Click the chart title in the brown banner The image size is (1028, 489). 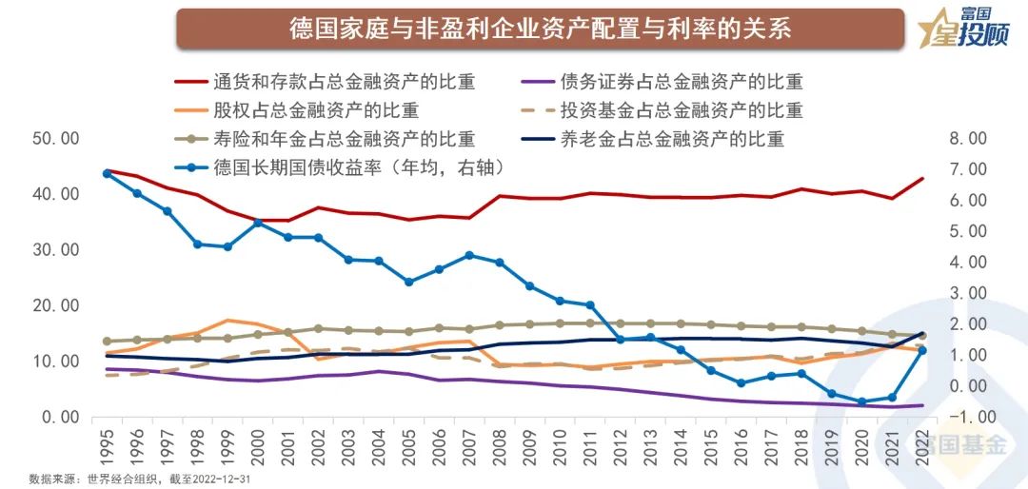click(540, 29)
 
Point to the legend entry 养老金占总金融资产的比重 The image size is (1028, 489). click(672, 139)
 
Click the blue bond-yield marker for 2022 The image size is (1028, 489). click(921, 351)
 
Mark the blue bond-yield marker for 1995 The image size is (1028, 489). click(107, 173)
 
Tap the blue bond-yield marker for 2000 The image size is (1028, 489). click(258, 223)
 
